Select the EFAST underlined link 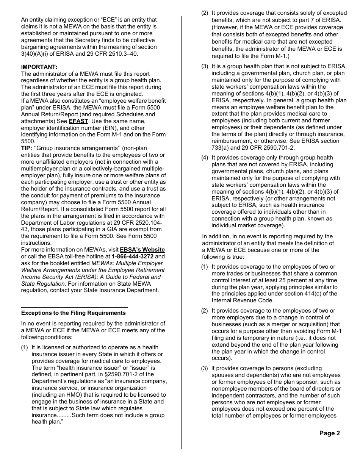click(78, 121)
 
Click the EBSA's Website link click(142, 250)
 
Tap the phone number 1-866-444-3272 click(133, 256)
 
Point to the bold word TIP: click(27, 148)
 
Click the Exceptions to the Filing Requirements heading click(73, 313)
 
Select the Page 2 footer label click(329, 433)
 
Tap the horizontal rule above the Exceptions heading click(74, 308)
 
